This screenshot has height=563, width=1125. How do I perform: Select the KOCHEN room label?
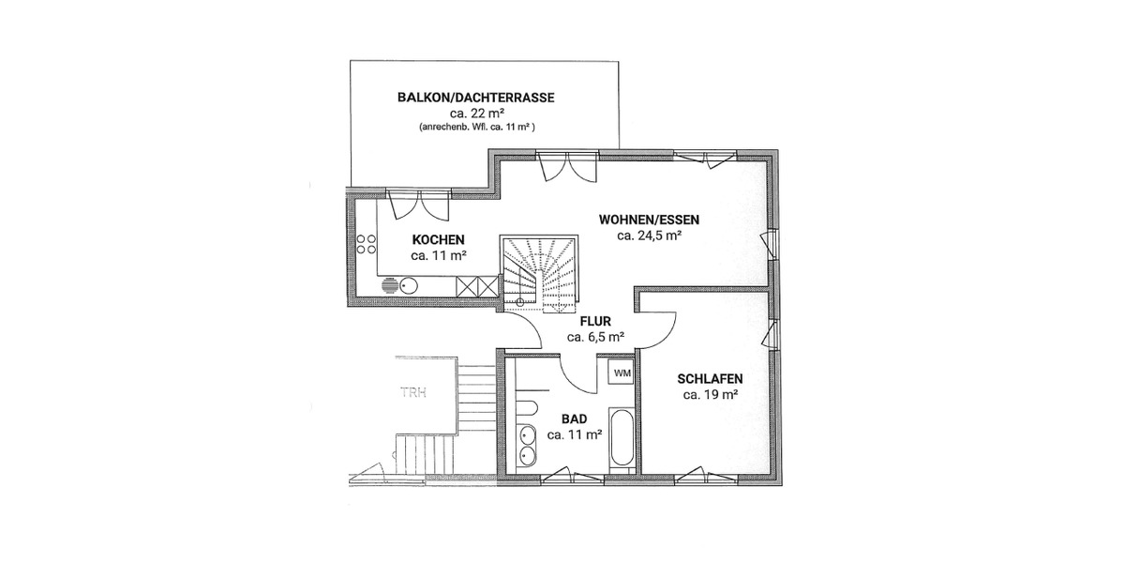[438, 240]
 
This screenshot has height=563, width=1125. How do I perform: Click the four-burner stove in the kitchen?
[366, 244]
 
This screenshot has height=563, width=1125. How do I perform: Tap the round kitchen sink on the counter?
[408, 286]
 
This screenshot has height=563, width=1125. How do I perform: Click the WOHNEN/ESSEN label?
[649, 221]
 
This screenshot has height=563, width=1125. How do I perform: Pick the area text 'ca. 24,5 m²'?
[649, 236]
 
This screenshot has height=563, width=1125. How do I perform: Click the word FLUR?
[595, 321]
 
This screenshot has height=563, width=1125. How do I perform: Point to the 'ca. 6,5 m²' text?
[595, 336]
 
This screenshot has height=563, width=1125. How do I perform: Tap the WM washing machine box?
[622, 373]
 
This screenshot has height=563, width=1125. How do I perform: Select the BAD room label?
[574, 419]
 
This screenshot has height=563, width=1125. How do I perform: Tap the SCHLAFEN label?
[710, 379]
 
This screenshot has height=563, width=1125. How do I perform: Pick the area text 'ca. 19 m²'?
[710, 395]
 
